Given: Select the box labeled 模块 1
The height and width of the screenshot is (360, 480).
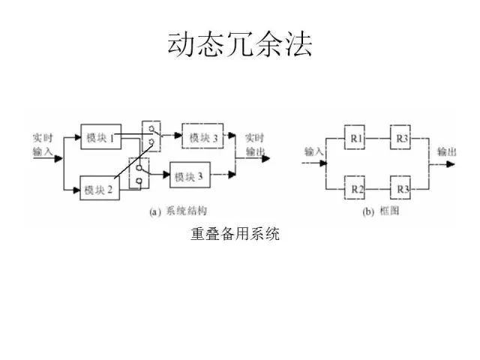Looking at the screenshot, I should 100,137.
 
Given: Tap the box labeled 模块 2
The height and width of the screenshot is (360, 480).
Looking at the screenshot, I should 98,189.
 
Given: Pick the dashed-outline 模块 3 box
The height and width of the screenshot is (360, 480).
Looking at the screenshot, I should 203,137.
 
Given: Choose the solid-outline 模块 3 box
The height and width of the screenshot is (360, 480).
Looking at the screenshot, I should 189,177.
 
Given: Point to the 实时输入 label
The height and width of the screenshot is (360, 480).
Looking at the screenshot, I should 43,145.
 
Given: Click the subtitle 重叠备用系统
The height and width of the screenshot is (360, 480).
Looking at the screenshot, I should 235,235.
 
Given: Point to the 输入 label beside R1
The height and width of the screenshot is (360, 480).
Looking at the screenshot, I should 313,152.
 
